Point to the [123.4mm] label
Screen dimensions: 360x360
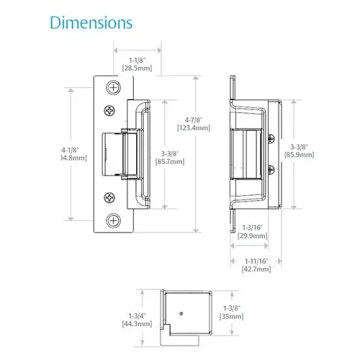[193, 127]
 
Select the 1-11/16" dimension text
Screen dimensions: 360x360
[256, 260]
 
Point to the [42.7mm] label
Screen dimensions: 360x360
[256, 269]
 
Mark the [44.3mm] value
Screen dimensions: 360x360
[135, 324]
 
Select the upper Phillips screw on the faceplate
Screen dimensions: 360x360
[110, 112]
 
